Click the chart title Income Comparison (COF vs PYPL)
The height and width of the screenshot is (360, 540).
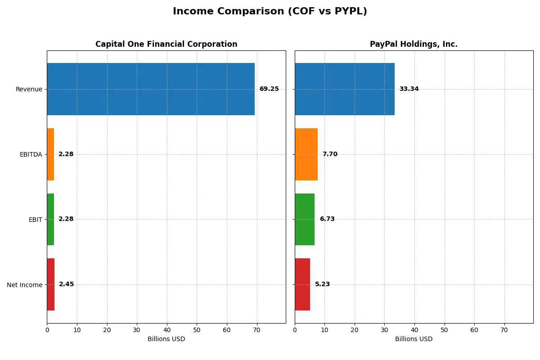(270, 12)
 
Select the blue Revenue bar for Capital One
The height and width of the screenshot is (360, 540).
(151, 89)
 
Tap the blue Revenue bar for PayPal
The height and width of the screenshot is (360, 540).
(345, 89)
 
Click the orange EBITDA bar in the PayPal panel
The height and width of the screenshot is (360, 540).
(306, 154)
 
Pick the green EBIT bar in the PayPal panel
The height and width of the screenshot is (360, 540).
(305, 220)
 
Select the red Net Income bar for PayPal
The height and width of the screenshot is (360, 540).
(302, 284)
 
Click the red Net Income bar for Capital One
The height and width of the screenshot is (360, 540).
(51, 284)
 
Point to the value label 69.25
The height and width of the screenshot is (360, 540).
(269, 89)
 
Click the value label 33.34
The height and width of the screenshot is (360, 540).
(409, 89)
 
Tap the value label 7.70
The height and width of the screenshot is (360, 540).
(330, 154)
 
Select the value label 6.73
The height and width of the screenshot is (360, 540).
(327, 220)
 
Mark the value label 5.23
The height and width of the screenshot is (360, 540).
(322, 284)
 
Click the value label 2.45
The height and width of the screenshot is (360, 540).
(66, 284)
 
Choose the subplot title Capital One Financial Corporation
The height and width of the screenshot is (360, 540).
(166, 45)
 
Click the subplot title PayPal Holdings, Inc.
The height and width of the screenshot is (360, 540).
(414, 45)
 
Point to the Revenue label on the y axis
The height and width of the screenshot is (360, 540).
(29, 90)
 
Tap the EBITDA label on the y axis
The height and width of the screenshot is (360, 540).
(31, 155)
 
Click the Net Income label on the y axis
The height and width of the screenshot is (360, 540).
(25, 285)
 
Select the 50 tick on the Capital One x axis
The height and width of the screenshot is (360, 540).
(197, 330)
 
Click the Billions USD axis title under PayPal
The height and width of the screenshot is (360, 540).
(414, 339)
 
